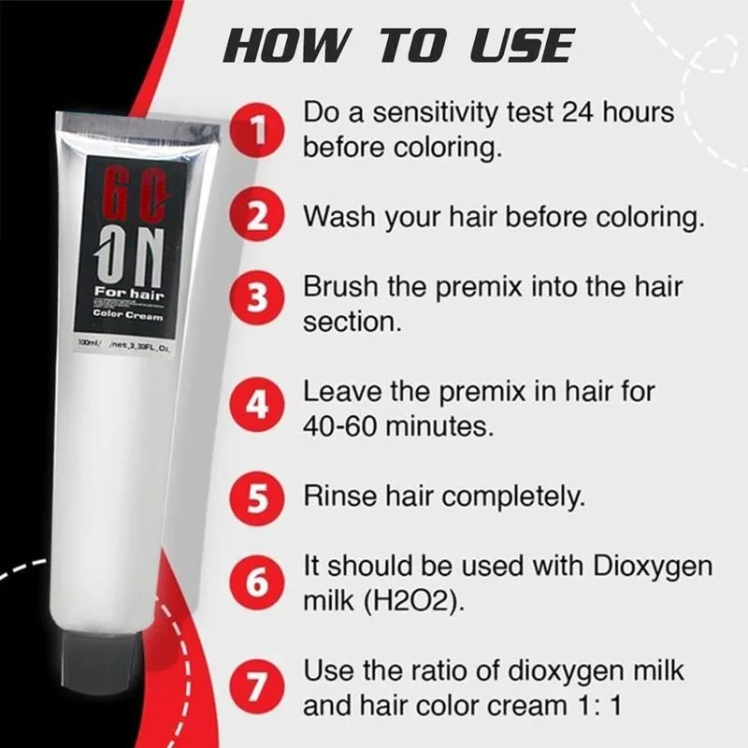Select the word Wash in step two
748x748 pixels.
[x=338, y=216]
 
